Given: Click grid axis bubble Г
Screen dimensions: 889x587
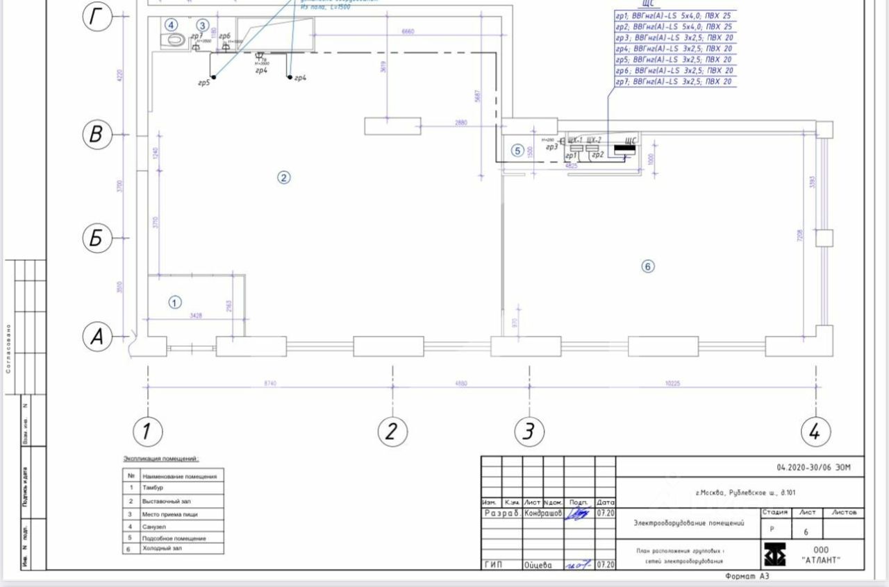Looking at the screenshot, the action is (x=97, y=18).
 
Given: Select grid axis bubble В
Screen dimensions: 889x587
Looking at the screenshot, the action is (x=97, y=135).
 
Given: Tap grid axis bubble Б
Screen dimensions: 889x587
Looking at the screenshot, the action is (x=97, y=238).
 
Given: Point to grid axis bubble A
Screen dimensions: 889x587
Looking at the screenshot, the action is (x=97, y=337).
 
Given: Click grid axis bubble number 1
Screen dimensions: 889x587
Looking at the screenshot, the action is (x=147, y=432).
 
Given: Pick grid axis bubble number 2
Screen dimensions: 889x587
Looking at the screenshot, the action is (x=392, y=432).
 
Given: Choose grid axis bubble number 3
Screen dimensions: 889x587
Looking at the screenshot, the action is (x=529, y=432).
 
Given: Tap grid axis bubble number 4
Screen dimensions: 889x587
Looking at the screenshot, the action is (x=815, y=432).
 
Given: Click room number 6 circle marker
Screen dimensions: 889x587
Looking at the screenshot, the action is (x=648, y=266).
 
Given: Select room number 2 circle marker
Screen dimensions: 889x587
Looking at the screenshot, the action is (x=283, y=178).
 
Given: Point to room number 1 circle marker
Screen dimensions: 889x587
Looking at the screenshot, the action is (x=175, y=302).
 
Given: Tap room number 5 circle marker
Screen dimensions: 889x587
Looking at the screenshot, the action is (x=517, y=151).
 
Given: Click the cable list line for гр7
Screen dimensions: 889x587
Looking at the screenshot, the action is (x=673, y=82).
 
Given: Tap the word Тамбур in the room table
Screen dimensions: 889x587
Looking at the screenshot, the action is (x=153, y=488).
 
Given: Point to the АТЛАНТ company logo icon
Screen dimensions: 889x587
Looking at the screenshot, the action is (x=775, y=554).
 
